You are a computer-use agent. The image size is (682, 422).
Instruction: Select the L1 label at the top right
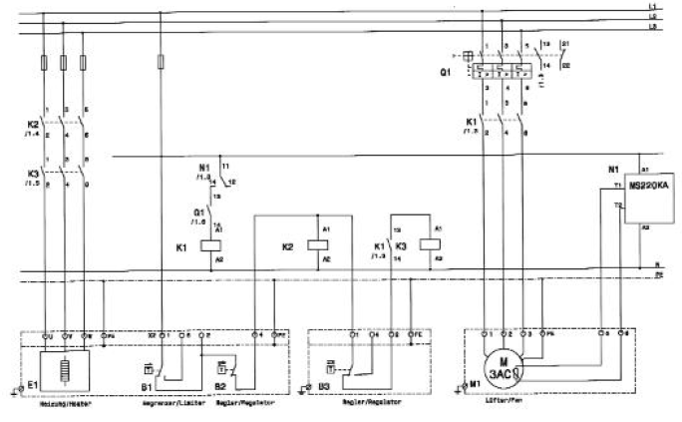652,7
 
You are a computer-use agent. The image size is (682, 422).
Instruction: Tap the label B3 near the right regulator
314,384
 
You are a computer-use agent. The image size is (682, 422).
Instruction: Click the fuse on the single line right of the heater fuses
163,63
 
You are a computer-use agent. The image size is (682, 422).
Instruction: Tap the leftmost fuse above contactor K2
43,63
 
